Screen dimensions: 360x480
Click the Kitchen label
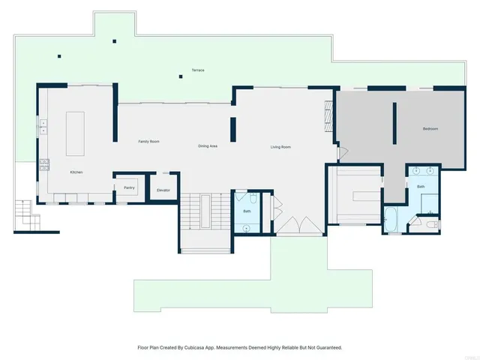[76, 172]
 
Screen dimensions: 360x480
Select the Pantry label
[129, 188]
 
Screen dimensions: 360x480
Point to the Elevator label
[163, 190]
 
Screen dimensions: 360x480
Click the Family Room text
[148, 142]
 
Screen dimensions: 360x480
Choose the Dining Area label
[208, 145]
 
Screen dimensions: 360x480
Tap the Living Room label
[280, 147]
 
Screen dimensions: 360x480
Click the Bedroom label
[430, 129]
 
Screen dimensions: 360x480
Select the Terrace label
[197, 70]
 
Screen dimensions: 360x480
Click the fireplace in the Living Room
[327, 115]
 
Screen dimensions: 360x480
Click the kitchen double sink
[43, 126]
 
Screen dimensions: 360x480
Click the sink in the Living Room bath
[247, 227]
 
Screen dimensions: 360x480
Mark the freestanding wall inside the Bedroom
[394, 121]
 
